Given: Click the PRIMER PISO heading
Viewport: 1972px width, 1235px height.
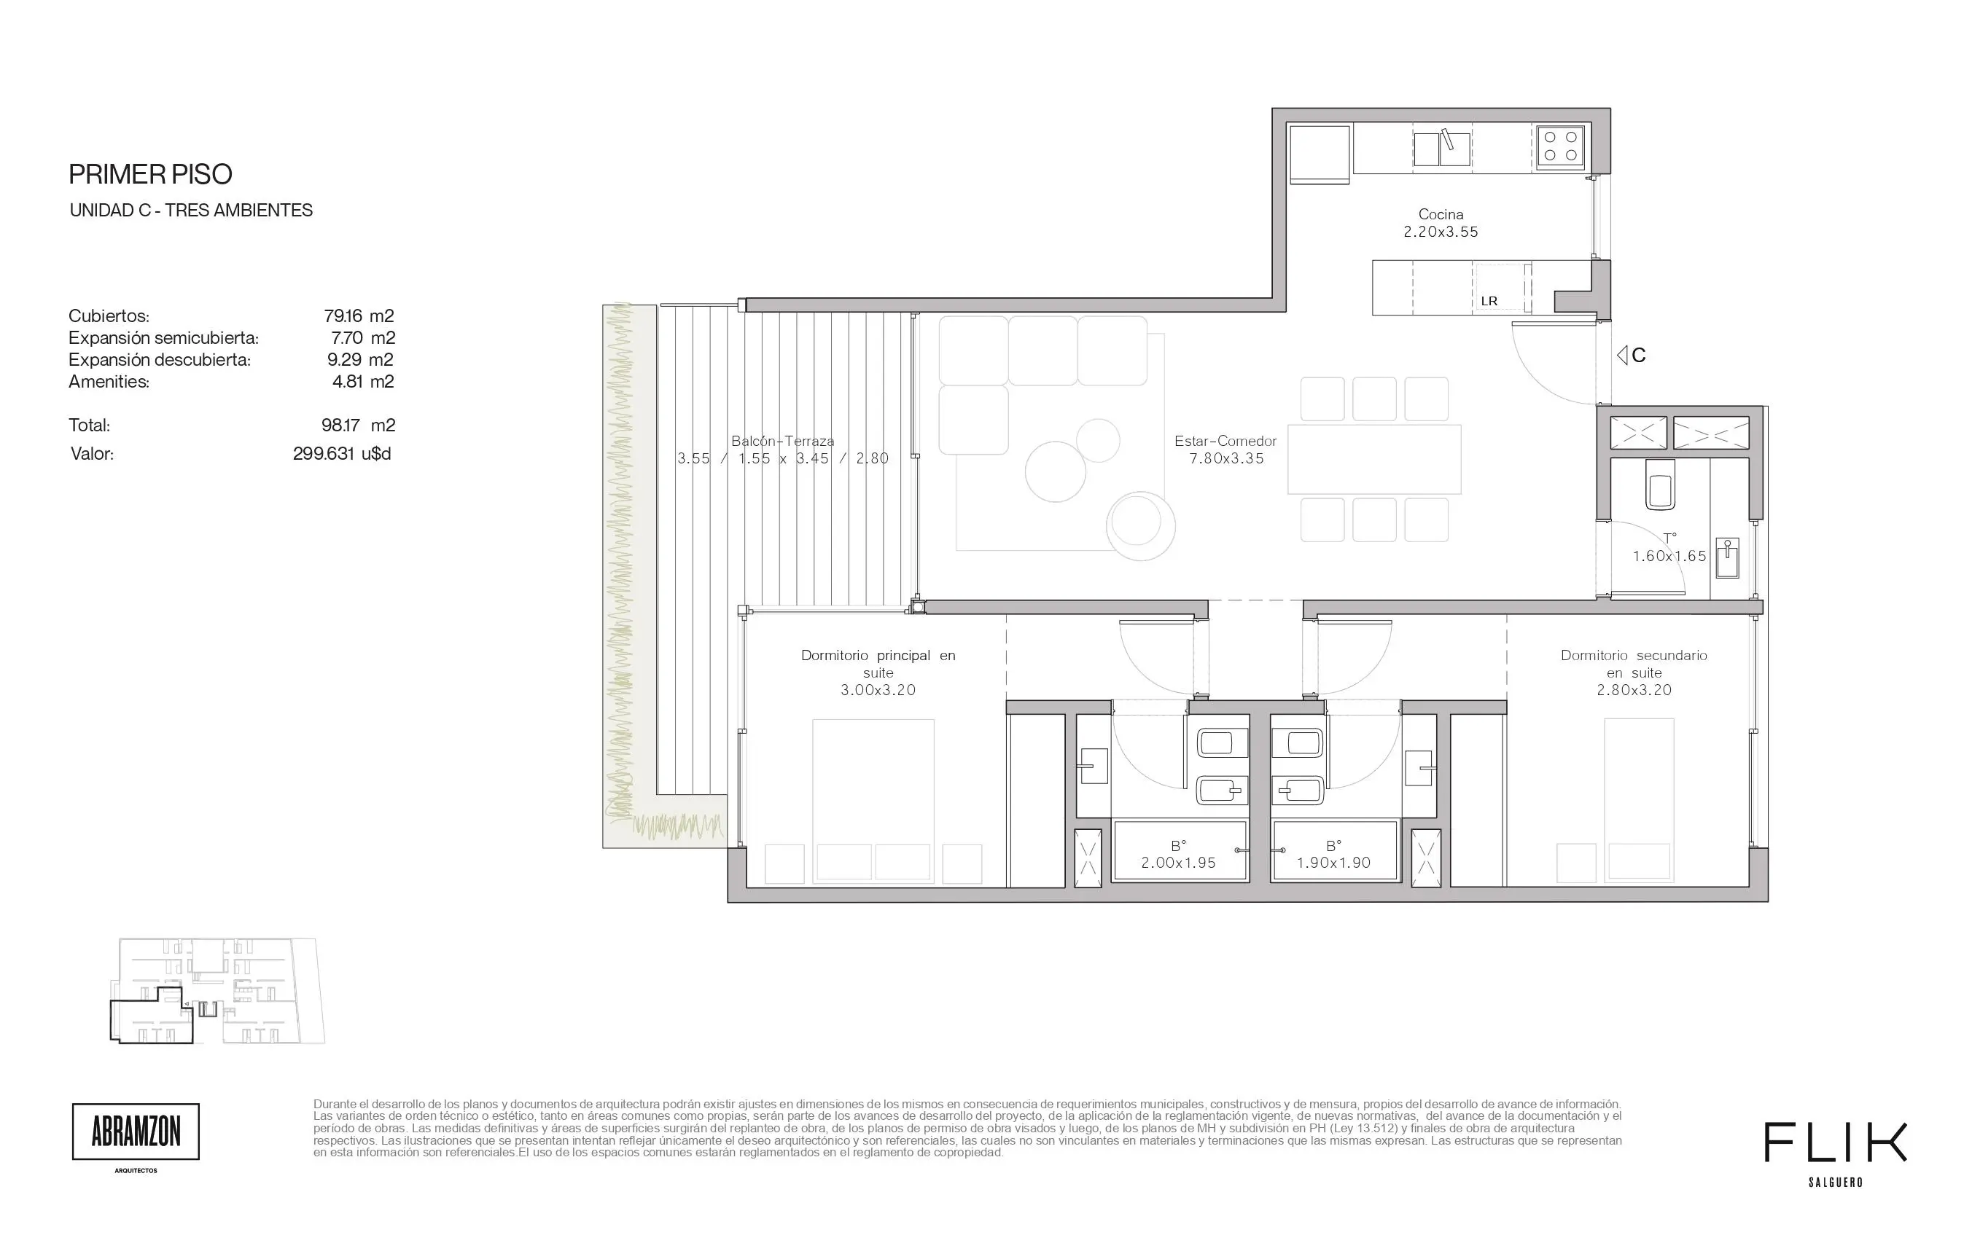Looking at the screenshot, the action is (x=150, y=174).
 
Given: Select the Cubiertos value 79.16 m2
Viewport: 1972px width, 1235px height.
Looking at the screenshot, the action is (x=359, y=315).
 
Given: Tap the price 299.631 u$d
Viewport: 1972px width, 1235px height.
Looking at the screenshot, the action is (x=342, y=453).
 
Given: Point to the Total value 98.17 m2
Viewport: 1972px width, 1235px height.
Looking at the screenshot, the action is (x=358, y=425).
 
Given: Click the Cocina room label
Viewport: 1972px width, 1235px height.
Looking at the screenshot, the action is (x=1441, y=215).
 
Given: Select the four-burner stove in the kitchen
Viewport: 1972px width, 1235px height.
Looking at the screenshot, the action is (x=1560, y=147).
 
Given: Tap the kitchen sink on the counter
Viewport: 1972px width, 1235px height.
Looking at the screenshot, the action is (x=1441, y=149).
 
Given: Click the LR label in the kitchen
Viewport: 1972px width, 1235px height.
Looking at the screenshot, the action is (x=1489, y=302).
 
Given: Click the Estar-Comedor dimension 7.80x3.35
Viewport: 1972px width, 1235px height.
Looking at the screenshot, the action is (x=1226, y=459).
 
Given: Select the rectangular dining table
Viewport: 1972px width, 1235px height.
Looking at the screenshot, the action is (x=1373, y=459).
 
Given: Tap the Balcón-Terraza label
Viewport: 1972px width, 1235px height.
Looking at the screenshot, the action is (x=782, y=441).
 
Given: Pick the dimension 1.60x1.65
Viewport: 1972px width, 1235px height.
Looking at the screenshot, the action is (x=1669, y=556).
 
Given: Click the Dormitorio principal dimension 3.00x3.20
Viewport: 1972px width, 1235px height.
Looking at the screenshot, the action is (x=878, y=690).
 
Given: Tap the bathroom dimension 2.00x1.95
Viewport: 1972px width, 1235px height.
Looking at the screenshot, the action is (x=1178, y=863).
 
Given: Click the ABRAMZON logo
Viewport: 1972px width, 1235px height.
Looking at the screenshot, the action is (x=136, y=1132).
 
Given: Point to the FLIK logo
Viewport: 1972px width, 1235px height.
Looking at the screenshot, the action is (x=1835, y=1142).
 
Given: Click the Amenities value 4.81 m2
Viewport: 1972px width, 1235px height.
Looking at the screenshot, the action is (x=364, y=382).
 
